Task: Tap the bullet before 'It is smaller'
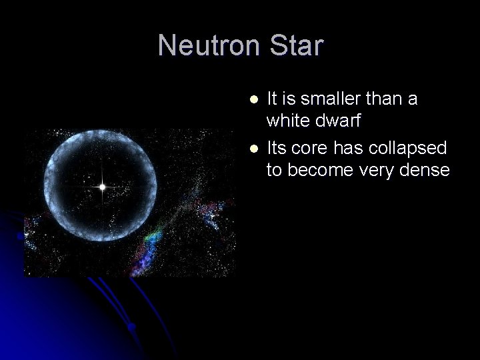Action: click(x=253, y=99)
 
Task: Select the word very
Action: click(x=378, y=171)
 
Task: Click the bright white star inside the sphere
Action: click(x=103, y=187)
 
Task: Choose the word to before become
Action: click(x=275, y=171)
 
